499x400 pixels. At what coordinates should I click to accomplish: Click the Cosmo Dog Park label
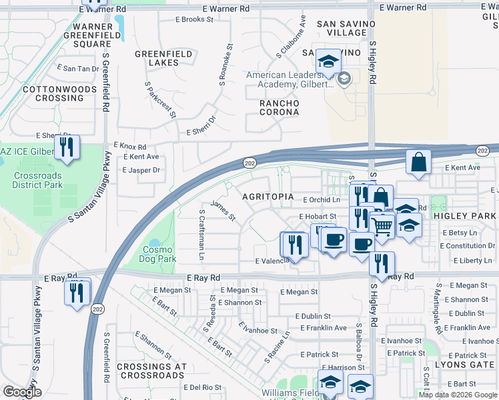tap(159, 254)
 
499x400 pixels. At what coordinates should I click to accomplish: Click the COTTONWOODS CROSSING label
tap(54, 93)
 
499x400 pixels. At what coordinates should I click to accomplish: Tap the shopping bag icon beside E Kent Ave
tap(418, 163)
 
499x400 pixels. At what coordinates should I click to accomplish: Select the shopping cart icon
tap(382, 226)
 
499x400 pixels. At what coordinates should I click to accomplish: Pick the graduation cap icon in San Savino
tap(328, 62)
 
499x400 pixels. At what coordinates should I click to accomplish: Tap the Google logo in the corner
tap(22, 391)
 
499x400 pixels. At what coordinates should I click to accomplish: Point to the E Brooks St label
tap(194, 19)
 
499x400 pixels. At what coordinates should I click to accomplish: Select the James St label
tap(223, 211)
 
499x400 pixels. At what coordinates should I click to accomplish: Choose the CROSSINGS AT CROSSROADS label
tap(151, 371)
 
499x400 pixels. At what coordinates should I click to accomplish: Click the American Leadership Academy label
tap(290, 80)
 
